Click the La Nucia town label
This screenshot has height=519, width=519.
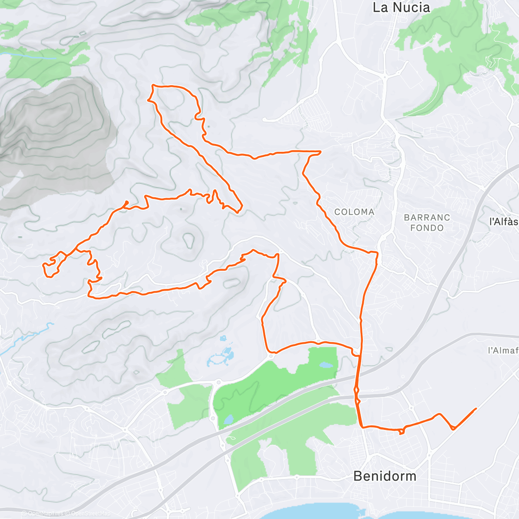pyautogui.click(x=401, y=7)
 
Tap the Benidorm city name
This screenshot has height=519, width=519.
pyautogui.click(x=384, y=476)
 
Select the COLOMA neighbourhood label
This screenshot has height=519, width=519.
pyautogui.click(x=354, y=212)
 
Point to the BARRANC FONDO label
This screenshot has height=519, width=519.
pyautogui.click(x=427, y=223)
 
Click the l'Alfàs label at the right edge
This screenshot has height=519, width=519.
pyautogui.click(x=504, y=222)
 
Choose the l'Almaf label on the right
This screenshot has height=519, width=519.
pyautogui.click(x=503, y=350)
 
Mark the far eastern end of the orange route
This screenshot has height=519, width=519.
pyautogui.click(x=476, y=408)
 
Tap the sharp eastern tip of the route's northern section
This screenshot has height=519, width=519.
pyautogui.click(x=320, y=152)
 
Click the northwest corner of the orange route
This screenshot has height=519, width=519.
pyautogui.click(x=153, y=86)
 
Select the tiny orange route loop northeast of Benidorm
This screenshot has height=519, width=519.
pyautogui.click(x=402, y=431)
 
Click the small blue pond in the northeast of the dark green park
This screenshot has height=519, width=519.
pyautogui.click(x=326, y=365)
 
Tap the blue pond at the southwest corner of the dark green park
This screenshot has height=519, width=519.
pyautogui.click(x=228, y=419)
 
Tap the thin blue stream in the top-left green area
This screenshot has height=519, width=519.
pyautogui.click(x=30, y=55)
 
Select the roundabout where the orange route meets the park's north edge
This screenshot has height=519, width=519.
pyautogui.click(x=271, y=356)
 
